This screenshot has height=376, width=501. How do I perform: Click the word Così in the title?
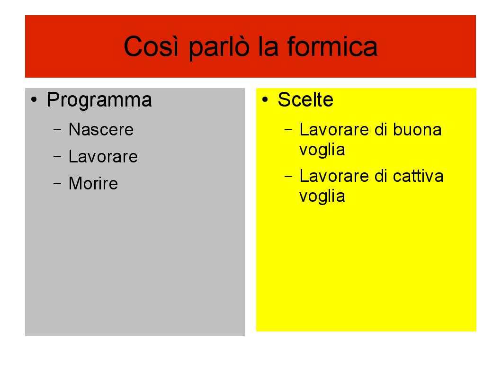coord(151,46)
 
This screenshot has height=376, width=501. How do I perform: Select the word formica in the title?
coord(332,46)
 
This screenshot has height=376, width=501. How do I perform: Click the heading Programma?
coord(99,100)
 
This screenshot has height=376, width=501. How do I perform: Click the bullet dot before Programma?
coord(34,99)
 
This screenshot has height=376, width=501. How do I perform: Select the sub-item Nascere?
coord(101,130)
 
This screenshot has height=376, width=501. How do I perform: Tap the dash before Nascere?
coord(57,129)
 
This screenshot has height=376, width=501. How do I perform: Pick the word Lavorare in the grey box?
coord(103,157)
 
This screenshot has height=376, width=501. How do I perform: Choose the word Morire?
coord(93,184)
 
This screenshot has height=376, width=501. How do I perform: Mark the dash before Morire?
coord(57,183)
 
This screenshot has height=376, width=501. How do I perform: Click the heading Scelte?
coord(305,99)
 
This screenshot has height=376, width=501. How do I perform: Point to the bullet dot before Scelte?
coord(265,99)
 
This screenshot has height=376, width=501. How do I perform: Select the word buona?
coord(417,130)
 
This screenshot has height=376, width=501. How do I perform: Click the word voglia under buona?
coord(322,150)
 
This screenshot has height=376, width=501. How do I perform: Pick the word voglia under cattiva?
coord(322,196)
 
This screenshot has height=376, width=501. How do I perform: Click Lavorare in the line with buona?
coord(334,130)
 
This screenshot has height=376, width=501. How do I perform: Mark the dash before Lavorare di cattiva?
coord(288,176)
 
